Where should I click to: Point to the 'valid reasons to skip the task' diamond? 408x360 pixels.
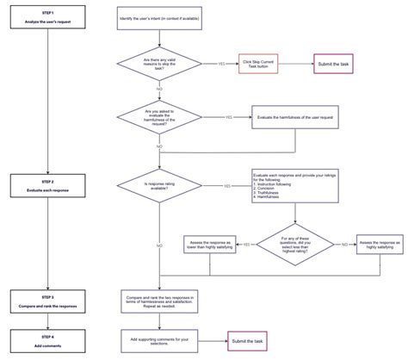pyautogui.click(x=159, y=63)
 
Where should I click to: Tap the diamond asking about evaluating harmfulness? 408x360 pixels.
pyautogui.click(x=159, y=115)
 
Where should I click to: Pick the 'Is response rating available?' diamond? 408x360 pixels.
pyautogui.click(x=159, y=184)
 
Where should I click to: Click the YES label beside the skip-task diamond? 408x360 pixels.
pyautogui.click(x=223, y=64)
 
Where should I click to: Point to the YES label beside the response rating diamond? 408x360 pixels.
pyautogui.click(x=226, y=185)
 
